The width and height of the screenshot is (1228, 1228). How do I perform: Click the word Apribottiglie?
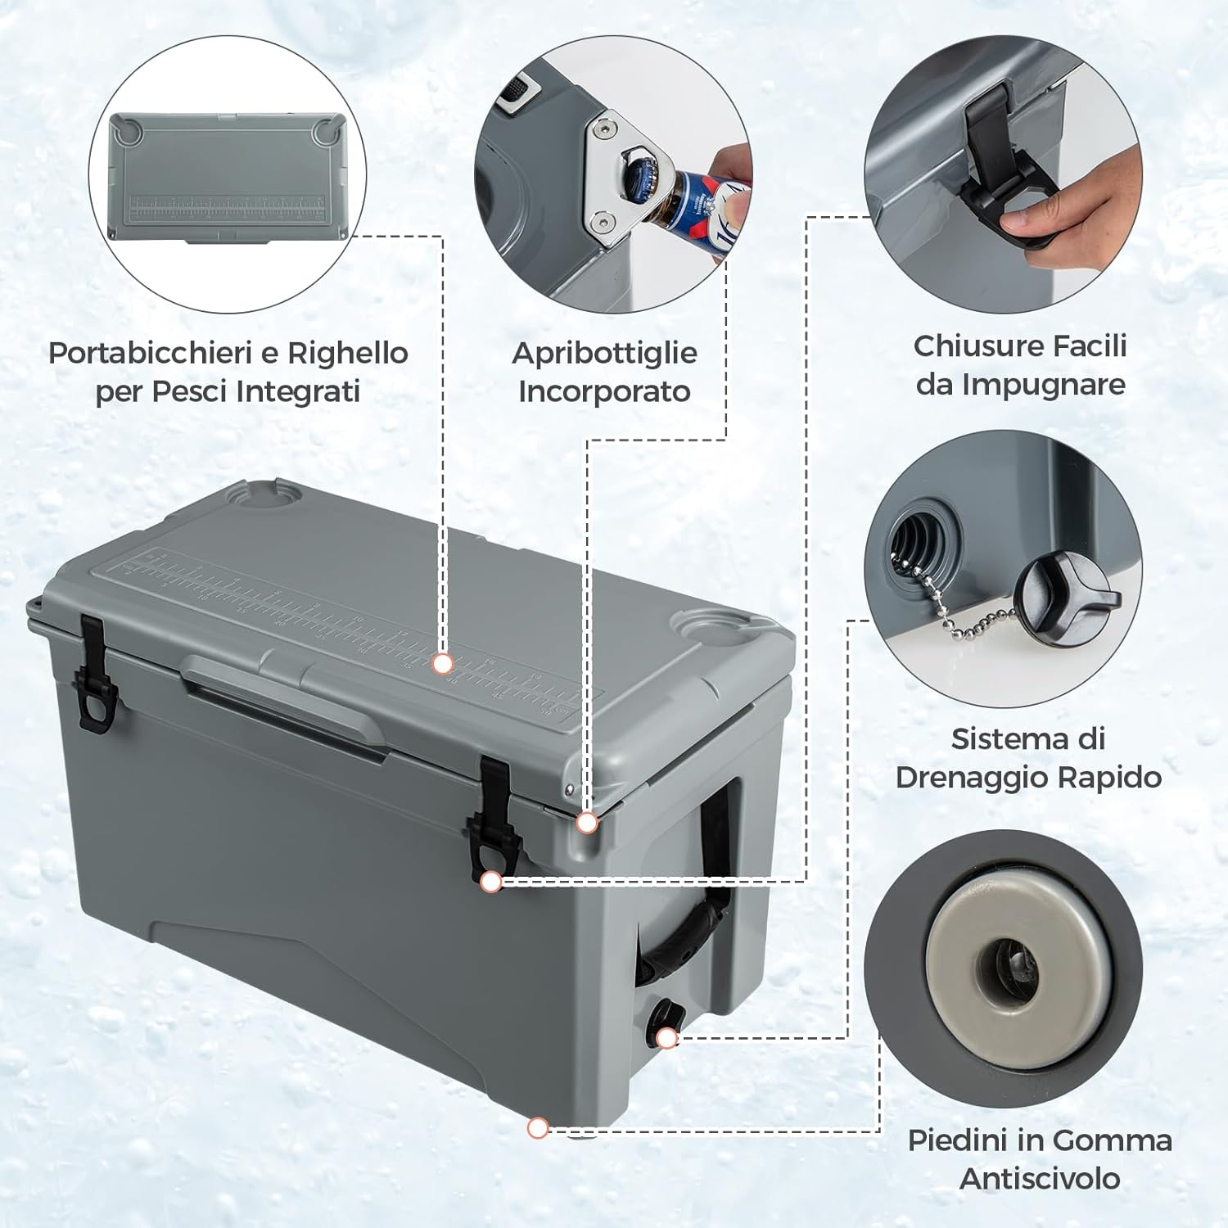[604, 354]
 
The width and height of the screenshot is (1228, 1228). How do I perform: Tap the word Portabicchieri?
[150, 353]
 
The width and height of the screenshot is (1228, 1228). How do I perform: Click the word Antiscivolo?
[1040, 1178]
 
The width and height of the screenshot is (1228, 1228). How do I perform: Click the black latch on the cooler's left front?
[93, 674]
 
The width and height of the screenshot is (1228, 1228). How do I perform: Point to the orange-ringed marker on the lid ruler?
[443, 663]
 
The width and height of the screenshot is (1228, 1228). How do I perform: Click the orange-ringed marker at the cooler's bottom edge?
[538, 1128]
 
